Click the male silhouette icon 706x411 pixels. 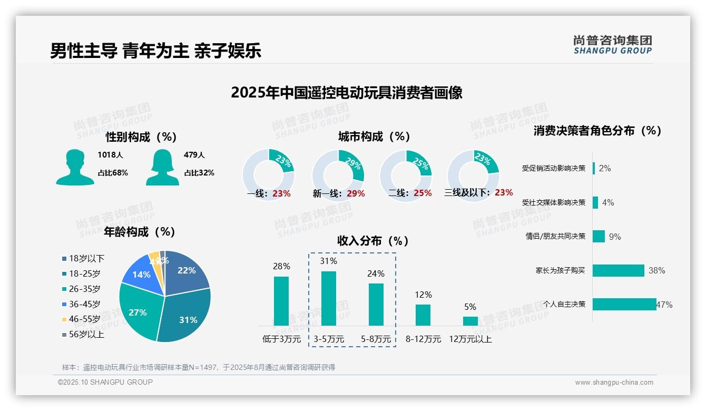pos(75,168)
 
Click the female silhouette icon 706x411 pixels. pos(162,168)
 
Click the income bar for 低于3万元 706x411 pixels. pos(281,301)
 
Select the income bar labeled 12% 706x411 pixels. pos(423,315)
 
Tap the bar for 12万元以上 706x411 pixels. pos(470,321)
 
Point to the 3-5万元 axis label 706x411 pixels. pos(329,339)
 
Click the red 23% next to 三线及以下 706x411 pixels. pos(504,193)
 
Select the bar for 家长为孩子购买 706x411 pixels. pos(619,270)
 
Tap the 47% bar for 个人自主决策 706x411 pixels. pos(624,304)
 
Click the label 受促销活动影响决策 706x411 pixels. pos(553,169)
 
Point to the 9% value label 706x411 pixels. pos(615,237)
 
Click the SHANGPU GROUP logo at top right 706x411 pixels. pos(612,45)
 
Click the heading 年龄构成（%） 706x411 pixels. pos(140,232)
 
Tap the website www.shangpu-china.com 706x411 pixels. pos(614,383)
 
